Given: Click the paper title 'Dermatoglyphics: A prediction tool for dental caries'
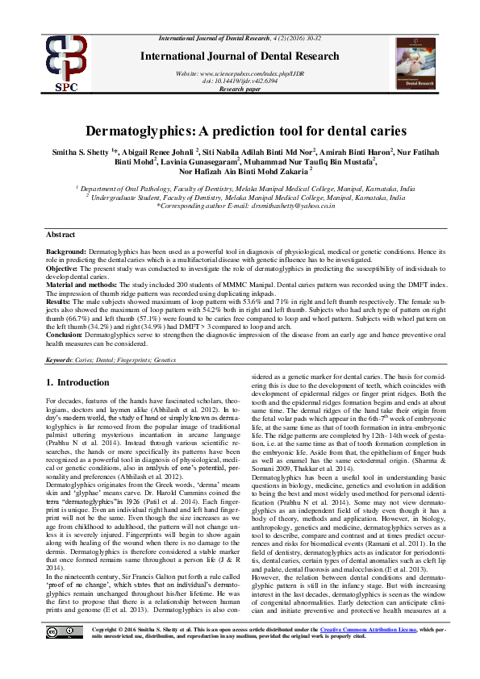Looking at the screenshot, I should point(240,131).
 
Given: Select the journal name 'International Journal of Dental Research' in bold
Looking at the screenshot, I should point(240,56).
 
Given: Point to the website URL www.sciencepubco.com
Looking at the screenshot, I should point(240,73).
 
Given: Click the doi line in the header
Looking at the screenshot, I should point(240,80).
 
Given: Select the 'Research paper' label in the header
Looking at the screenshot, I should point(240,88).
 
